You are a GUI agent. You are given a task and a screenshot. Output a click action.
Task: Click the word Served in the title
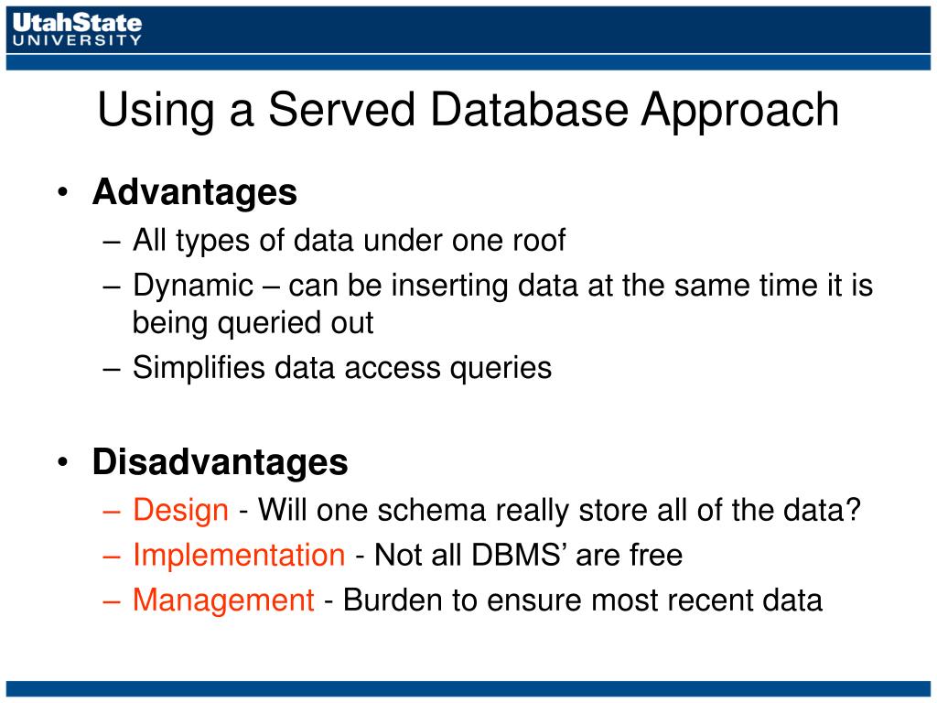(x=341, y=110)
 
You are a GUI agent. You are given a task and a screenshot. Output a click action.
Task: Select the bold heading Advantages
(x=195, y=193)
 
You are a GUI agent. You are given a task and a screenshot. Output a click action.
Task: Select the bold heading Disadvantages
(x=220, y=462)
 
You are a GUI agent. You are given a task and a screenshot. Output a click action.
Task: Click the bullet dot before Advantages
(x=63, y=192)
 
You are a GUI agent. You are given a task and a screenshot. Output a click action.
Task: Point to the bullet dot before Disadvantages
(x=63, y=462)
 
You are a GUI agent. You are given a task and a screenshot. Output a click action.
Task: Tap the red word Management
(x=223, y=600)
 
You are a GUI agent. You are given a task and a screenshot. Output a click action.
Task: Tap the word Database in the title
(x=529, y=110)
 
